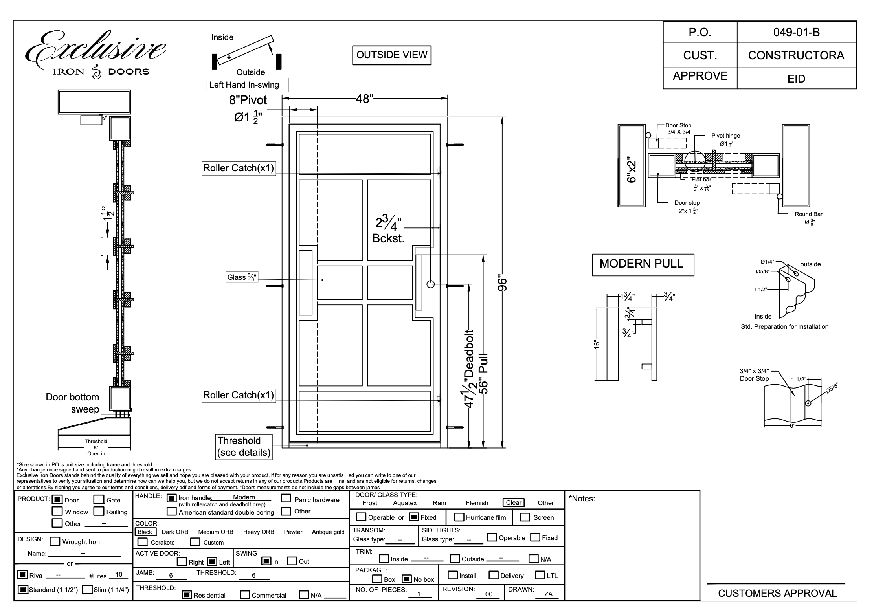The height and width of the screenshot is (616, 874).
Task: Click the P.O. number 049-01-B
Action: point(796,32)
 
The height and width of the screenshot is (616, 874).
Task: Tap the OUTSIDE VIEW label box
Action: point(391,55)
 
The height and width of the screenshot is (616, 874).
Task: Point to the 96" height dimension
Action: point(503,282)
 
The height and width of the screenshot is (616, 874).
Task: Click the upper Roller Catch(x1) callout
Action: point(239,168)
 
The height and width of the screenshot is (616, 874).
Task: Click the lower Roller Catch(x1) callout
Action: point(239,395)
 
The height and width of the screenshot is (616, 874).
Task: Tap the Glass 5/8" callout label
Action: point(242,277)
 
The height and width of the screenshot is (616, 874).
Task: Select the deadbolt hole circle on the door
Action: point(430,284)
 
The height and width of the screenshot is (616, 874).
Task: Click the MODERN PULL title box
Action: point(643,264)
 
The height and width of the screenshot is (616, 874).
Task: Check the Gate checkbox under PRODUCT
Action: point(99,500)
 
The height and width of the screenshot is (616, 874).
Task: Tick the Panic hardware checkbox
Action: point(286,499)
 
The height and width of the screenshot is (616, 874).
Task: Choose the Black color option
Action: point(145,532)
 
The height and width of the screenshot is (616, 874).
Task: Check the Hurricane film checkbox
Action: point(459,517)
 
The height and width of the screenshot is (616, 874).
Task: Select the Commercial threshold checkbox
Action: point(245,595)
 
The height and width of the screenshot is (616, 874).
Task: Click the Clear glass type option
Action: point(513,503)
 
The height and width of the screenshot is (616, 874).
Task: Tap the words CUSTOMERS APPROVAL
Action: point(777,594)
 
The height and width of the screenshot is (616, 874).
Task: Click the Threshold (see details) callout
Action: point(244,447)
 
